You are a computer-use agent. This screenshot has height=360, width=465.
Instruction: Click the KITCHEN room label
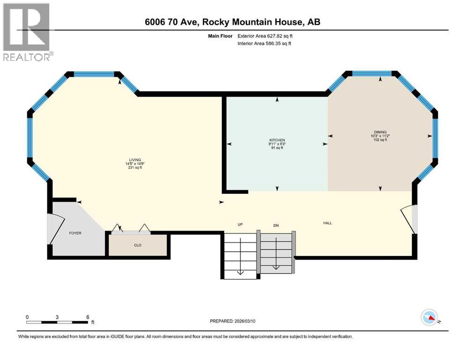(276, 140)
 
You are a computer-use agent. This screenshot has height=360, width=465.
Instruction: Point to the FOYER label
(75, 233)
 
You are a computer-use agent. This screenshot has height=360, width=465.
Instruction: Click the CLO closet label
(138, 245)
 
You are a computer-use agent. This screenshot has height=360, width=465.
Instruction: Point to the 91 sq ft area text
(276, 148)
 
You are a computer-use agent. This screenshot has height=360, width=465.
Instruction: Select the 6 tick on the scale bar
(88, 317)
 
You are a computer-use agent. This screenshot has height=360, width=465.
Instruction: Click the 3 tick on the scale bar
(57, 317)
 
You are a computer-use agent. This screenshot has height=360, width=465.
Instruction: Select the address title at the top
(233, 22)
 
